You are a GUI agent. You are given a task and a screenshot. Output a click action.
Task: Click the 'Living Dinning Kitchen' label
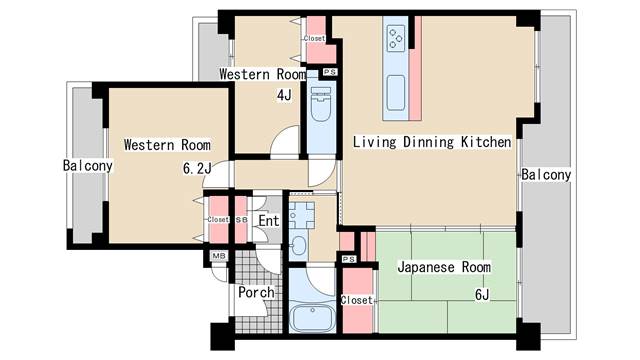click(x=432, y=142)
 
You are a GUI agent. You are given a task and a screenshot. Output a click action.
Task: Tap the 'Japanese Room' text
click(x=444, y=267)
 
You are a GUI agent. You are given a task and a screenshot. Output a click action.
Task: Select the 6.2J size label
click(x=197, y=168)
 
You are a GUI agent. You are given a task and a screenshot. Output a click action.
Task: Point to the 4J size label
click(x=284, y=96)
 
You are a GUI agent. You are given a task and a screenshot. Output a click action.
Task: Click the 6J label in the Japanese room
click(x=482, y=294)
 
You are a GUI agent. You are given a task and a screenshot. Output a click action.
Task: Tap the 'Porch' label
click(x=256, y=292)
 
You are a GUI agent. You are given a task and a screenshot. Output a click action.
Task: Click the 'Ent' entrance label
click(x=269, y=221)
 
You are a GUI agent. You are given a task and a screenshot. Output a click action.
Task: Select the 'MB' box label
click(x=219, y=256)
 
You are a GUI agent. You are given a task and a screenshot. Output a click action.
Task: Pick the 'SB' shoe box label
click(x=241, y=220)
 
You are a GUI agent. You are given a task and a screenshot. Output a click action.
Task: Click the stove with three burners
click(x=396, y=38)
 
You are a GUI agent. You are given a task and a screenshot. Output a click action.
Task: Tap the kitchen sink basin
click(x=396, y=93)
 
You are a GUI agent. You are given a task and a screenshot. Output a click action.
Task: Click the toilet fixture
click(x=321, y=104)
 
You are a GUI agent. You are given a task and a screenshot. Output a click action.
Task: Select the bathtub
click(x=312, y=318)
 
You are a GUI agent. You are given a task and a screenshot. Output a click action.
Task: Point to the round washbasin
click(x=300, y=246)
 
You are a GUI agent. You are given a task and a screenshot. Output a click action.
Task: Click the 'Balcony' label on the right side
click(x=546, y=175)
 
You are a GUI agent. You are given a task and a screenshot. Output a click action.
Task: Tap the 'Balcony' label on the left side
click(x=88, y=166)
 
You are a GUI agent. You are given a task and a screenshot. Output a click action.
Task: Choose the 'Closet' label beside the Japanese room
click(x=357, y=300)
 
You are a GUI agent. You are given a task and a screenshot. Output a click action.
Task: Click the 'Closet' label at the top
click(x=314, y=38)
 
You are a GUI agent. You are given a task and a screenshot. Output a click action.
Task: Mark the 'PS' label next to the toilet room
click(x=330, y=72)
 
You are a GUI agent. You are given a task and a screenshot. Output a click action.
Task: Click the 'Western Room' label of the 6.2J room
click(x=167, y=145)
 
